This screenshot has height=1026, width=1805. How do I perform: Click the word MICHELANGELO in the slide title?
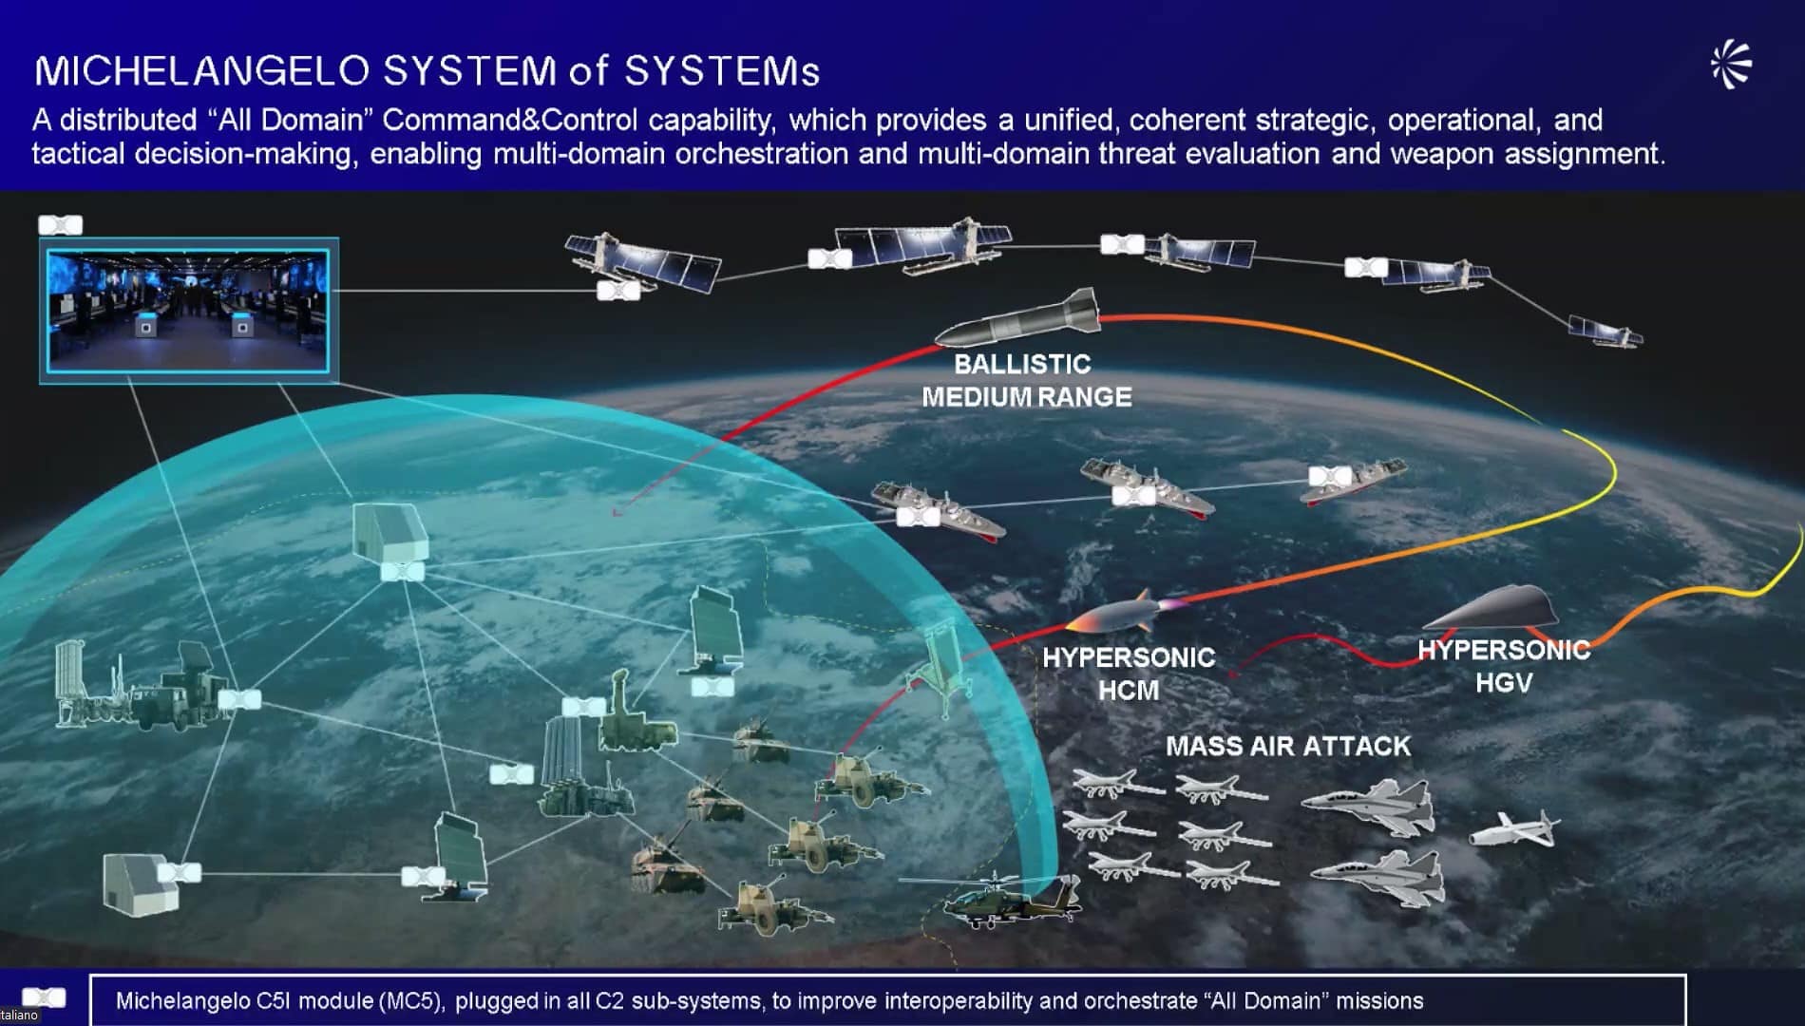[x=201, y=71]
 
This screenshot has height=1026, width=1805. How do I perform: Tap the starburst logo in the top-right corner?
[x=1731, y=65]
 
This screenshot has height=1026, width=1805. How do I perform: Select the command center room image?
[x=188, y=310]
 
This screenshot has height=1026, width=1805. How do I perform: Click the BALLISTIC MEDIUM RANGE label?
[x=1026, y=380]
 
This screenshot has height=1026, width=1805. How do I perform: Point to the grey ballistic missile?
[x=1017, y=318]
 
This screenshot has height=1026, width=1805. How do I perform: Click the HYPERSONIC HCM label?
[x=1129, y=674]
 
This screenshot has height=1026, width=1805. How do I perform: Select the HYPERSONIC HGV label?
[x=1504, y=666]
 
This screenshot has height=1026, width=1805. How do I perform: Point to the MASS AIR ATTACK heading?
[x=1288, y=746]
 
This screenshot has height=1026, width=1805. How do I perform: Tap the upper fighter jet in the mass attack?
[x=1369, y=806]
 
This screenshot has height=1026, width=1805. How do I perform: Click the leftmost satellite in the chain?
[x=642, y=262]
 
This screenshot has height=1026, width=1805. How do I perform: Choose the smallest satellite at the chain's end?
[x=1605, y=332]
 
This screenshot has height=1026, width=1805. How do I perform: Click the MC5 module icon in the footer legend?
[x=44, y=997]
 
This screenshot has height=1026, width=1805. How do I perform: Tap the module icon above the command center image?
[x=60, y=225]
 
